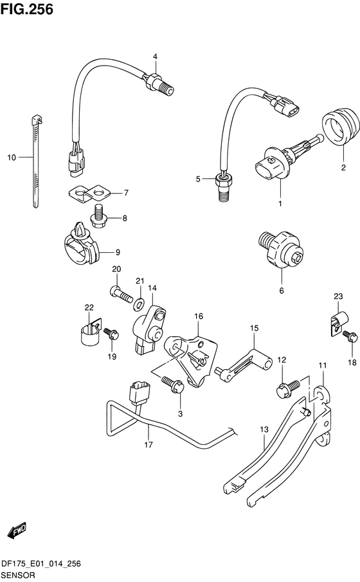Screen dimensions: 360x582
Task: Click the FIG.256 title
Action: (x=27, y=9)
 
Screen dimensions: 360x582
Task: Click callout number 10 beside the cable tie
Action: (x=12, y=158)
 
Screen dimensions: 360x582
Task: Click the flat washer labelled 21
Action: (x=139, y=304)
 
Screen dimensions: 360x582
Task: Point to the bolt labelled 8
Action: (x=98, y=217)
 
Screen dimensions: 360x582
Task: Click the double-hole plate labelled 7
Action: (x=89, y=194)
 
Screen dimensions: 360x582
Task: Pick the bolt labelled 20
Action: (x=122, y=294)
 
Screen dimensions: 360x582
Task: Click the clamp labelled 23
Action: (x=339, y=323)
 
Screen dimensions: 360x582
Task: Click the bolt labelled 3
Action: (x=173, y=385)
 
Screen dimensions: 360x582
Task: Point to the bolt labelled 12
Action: (x=289, y=388)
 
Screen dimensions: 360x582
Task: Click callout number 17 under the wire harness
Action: (x=148, y=444)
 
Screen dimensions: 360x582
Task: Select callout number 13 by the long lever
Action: (x=264, y=430)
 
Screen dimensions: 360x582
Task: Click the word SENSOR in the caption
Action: (x=18, y=576)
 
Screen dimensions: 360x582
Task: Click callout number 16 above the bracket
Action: (x=199, y=316)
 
